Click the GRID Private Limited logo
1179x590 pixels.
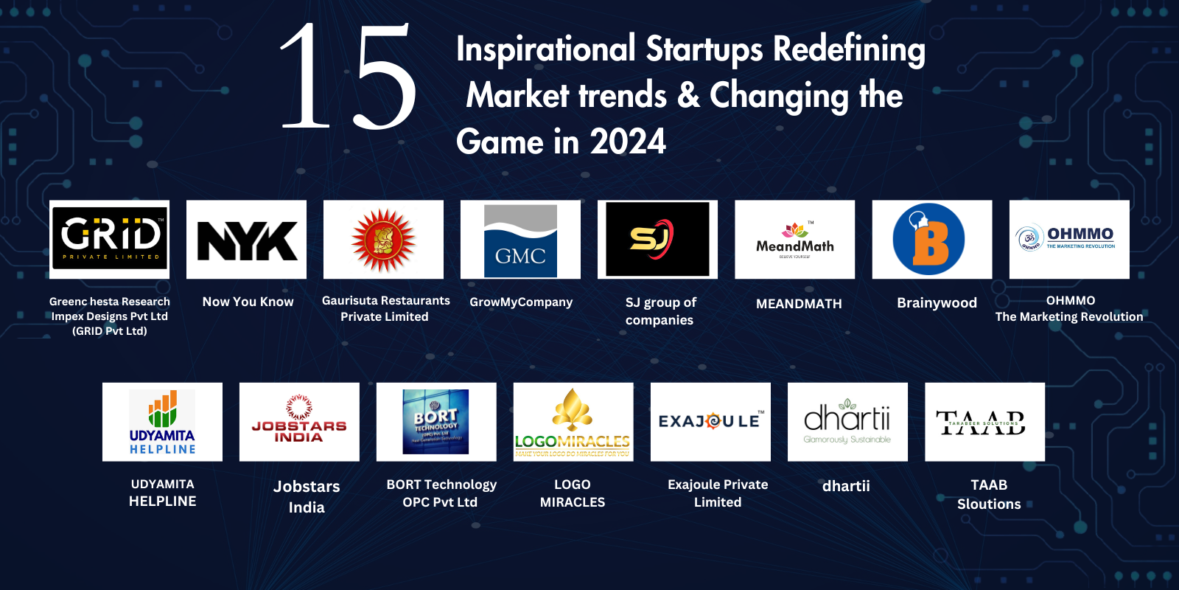tap(110, 239)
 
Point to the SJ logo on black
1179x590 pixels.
tap(657, 240)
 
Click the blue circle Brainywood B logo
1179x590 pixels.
tap(928, 240)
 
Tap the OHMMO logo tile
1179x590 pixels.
tap(1069, 239)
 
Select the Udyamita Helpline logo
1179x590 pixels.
tap(162, 422)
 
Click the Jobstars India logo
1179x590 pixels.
tap(299, 422)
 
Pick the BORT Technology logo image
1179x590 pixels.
tap(436, 422)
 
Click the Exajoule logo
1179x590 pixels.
tap(710, 422)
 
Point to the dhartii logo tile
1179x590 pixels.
tap(847, 422)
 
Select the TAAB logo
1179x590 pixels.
tap(984, 422)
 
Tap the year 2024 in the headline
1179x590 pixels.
tap(628, 142)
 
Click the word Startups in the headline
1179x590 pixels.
tap(704, 50)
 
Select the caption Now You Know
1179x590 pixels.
tap(248, 302)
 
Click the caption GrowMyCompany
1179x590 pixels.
tap(521, 302)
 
